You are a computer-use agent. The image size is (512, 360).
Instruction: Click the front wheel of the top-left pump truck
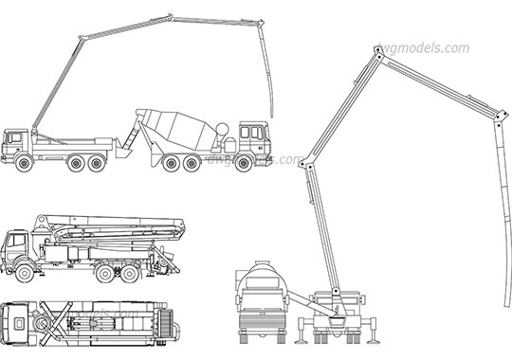24,162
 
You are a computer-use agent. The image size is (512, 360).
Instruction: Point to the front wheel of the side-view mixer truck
243,162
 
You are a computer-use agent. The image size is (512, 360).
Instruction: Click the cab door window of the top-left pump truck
13,140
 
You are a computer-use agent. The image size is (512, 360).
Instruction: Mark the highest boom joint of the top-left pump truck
171,16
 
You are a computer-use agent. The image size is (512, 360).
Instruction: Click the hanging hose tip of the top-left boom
272,115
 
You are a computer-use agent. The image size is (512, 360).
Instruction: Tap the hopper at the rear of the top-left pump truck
123,147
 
